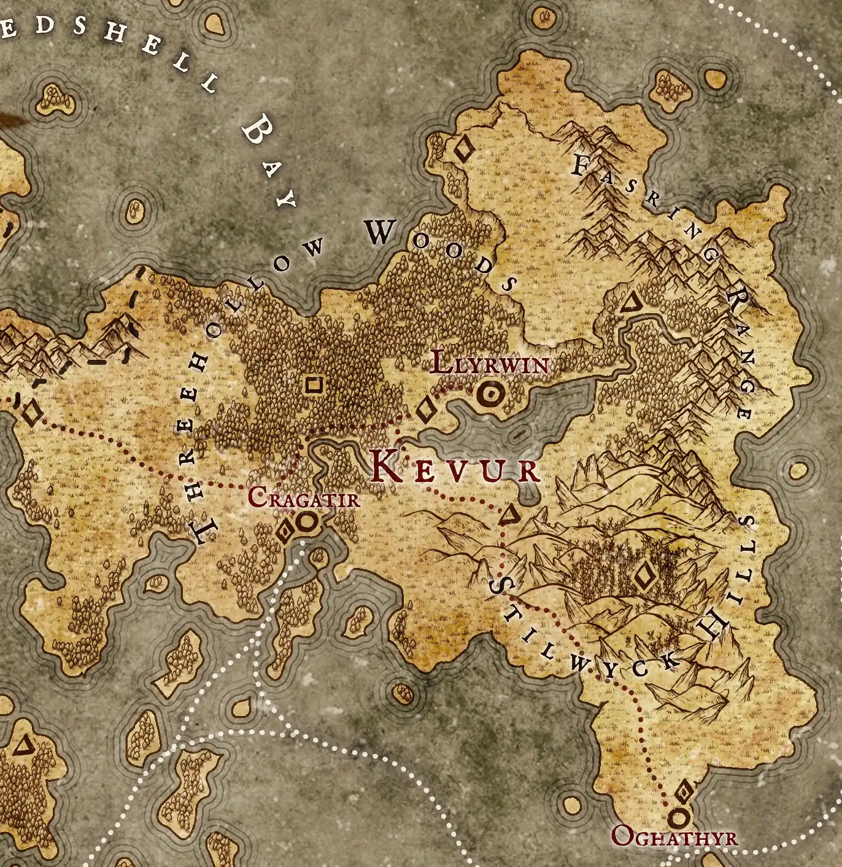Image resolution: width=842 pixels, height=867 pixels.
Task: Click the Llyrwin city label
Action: pos(490,363)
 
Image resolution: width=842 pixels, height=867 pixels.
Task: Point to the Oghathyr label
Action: pos(674,837)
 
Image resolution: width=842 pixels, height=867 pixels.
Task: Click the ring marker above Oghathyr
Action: pos(678,817)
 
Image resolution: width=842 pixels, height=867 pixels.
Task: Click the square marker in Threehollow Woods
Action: pos(314,385)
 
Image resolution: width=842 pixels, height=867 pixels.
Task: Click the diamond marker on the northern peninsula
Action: pos(463,149)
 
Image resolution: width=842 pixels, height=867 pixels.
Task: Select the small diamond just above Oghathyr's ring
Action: pos(684,792)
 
